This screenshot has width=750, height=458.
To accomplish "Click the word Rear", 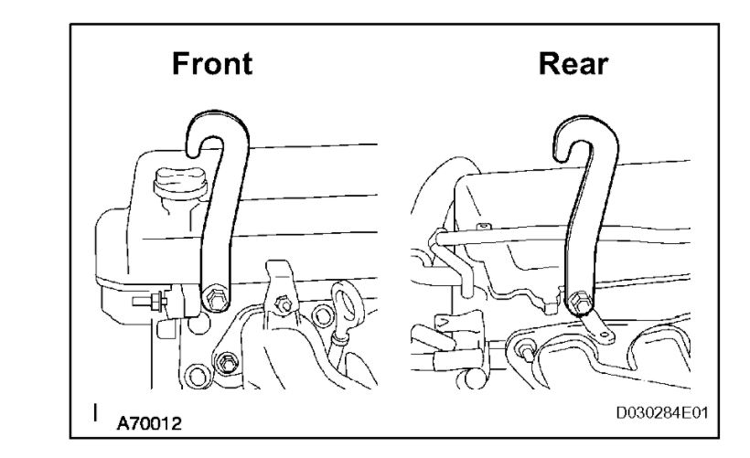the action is pyautogui.click(x=573, y=63).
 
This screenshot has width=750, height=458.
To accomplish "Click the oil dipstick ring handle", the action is pyautogui.click(x=347, y=299).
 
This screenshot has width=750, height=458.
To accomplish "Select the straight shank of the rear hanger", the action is pyautogui.click(x=574, y=229).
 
